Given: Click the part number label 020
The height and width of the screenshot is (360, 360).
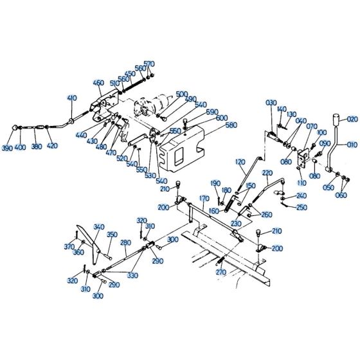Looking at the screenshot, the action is [x=352, y=119].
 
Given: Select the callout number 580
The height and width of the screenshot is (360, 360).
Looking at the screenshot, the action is [x=231, y=125].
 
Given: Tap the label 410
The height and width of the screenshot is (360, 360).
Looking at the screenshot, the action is [x=72, y=98].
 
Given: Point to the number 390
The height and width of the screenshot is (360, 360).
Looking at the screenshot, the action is [x=7, y=148].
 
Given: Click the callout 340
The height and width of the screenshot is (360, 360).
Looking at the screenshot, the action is [x=99, y=227].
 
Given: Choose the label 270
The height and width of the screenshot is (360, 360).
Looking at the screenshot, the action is [x=221, y=273].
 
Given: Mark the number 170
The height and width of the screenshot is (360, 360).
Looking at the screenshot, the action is [x=204, y=198].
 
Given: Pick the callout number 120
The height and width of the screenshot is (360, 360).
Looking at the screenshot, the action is [x=240, y=162].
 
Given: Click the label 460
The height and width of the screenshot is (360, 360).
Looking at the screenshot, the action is [x=98, y=83].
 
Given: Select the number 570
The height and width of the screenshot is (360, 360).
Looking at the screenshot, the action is [x=149, y=64].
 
